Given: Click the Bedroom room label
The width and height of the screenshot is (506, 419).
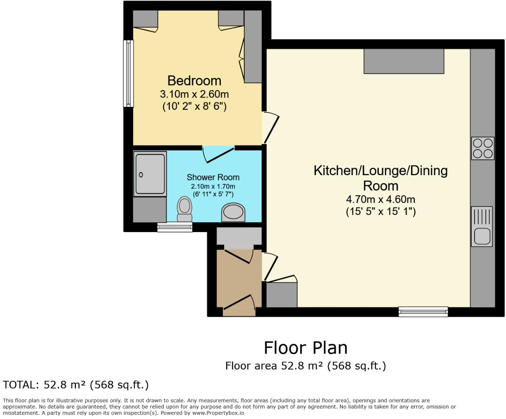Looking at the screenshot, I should pyautogui.click(x=194, y=80).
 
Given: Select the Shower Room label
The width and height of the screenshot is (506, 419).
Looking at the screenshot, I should pyautogui.click(x=213, y=177).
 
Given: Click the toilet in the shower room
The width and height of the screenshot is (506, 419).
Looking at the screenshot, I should pyautogui.click(x=184, y=208).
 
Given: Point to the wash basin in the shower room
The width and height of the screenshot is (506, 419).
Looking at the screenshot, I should pyautogui.click(x=233, y=212).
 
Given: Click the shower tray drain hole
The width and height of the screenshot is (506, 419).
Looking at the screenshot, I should pyautogui.click(x=141, y=175).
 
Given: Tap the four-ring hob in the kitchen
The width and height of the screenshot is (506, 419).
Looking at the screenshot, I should pyautogui.click(x=483, y=148).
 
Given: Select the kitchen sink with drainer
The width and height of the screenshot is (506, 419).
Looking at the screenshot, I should pyautogui.click(x=482, y=227).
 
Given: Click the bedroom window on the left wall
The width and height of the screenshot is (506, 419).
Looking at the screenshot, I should pyautogui.click(x=128, y=73).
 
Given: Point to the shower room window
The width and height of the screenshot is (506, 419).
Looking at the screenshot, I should pyautogui.click(x=175, y=227).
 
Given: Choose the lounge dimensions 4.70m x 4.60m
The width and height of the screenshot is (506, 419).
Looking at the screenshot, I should pyautogui.click(x=380, y=199).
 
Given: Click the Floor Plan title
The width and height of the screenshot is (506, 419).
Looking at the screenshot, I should pyautogui.click(x=305, y=348).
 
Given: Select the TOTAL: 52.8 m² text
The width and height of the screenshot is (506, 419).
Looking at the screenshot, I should pyautogui.click(x=76, y=385).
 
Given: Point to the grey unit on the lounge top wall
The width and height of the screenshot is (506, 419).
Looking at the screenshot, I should pyautogui.click(x=403, y=62).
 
